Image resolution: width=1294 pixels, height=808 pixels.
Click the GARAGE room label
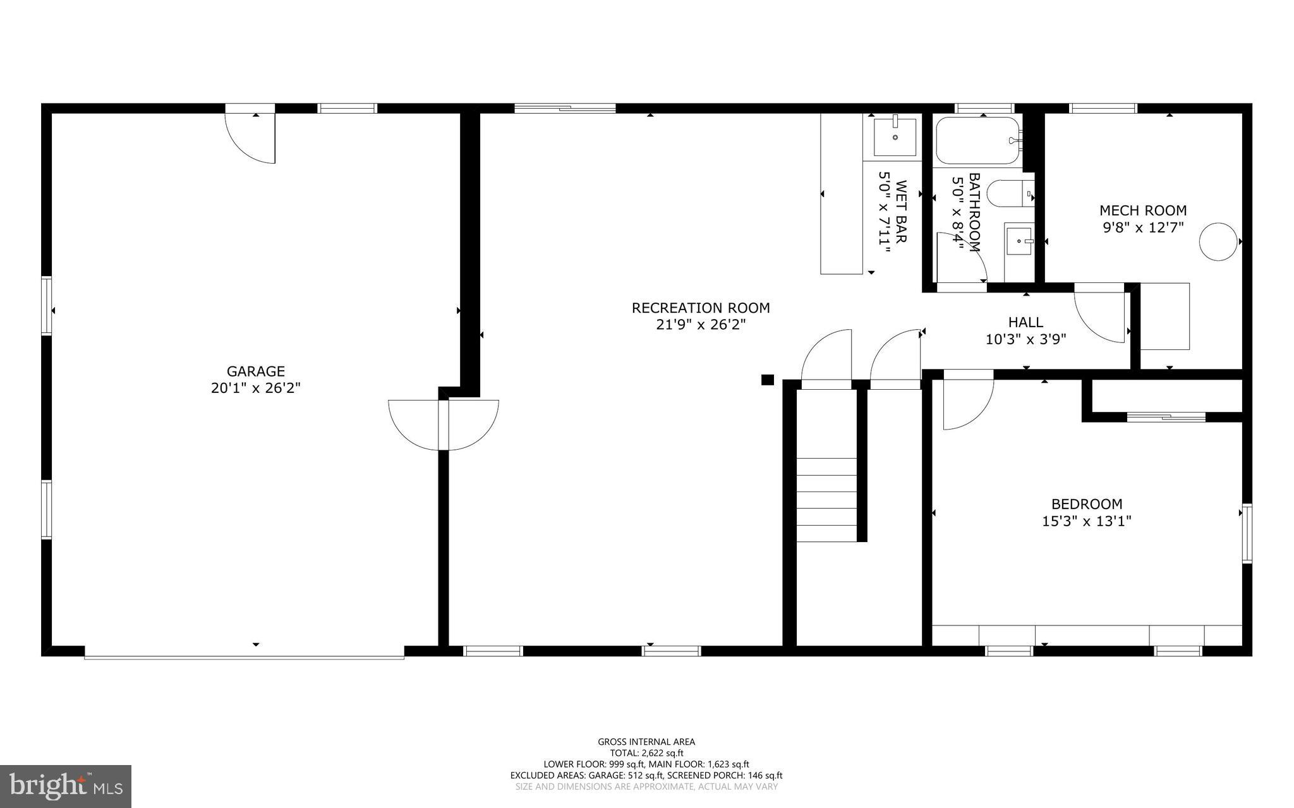pos(255,371)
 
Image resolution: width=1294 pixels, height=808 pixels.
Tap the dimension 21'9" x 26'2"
pos(701,325)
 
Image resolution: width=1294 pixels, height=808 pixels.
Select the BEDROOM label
pos(1086,504)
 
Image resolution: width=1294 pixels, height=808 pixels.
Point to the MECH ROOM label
pos(1142,210)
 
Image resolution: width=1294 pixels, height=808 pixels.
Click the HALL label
pos(1025,322)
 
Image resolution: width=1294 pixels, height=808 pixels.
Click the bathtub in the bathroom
pos(977,140)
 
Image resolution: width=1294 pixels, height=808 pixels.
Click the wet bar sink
pos(895,136)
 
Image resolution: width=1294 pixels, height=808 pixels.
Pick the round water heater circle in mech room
pos(1218,241)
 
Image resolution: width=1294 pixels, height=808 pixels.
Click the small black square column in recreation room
pos(767,380)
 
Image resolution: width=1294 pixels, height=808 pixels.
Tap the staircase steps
pos(826,499)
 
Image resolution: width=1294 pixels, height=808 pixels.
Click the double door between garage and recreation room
pos(444,425)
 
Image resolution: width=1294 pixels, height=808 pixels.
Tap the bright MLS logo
pos(66,786)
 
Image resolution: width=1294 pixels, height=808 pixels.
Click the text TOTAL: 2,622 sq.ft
pos(646,753)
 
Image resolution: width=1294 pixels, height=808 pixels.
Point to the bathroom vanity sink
pos(1019,241)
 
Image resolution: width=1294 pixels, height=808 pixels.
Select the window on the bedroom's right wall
pos(1247,533)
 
